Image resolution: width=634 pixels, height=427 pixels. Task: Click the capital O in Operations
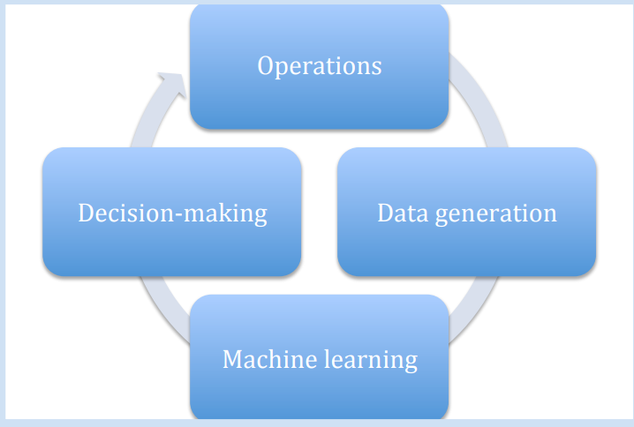point(266,66)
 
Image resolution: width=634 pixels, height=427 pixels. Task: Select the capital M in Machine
point(232,360)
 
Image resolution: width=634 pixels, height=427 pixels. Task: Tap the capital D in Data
point(385,213)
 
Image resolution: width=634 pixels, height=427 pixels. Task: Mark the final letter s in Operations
point(377,68)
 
